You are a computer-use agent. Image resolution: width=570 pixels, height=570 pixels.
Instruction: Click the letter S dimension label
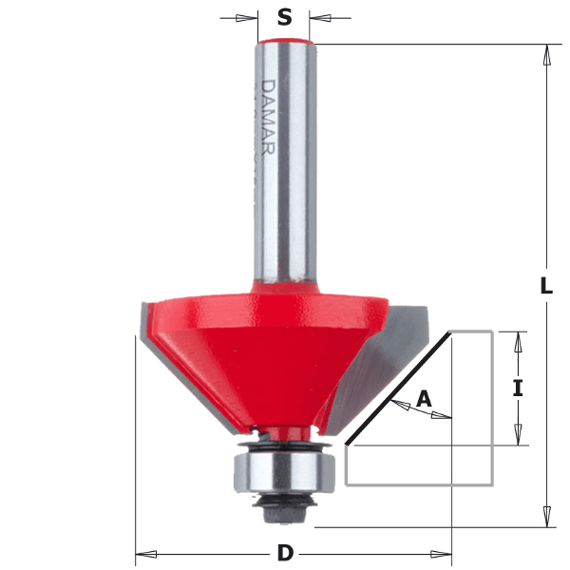[284, 17]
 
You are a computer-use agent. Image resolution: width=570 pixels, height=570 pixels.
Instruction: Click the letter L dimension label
[546, 285]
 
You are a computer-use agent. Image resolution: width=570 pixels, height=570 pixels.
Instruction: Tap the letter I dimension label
[518, 388]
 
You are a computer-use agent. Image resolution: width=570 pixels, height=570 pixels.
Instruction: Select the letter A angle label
[424, 398]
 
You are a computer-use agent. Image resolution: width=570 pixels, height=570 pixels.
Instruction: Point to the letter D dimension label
[285, 553]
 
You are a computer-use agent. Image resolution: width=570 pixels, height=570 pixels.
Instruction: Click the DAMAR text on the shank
[268, 118]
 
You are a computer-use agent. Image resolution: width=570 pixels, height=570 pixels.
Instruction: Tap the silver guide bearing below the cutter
[284, 473]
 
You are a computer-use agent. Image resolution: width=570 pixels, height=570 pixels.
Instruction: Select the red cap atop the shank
[284, 40]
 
